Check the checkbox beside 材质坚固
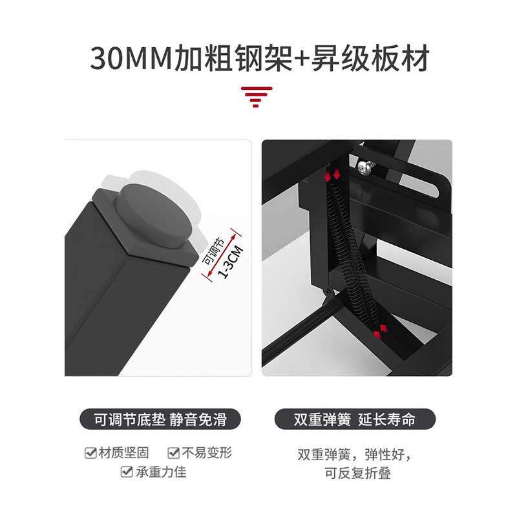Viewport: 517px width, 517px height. (90, 453)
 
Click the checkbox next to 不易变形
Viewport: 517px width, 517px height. (174, 453)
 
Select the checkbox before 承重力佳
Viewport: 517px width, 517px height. (127, 472)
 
